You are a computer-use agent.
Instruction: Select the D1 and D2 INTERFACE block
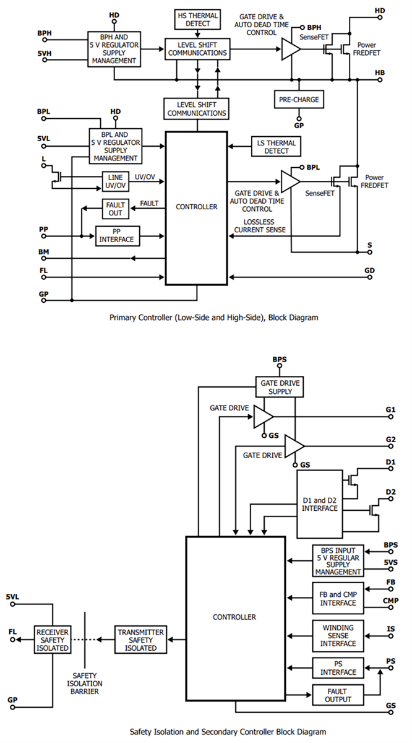(319, 503)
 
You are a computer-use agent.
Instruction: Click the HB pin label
(380, 72)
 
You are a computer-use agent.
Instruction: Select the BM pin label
(43, 251)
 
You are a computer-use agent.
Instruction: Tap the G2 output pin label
(390, 439)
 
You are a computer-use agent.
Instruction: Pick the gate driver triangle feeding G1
(262, 417)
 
